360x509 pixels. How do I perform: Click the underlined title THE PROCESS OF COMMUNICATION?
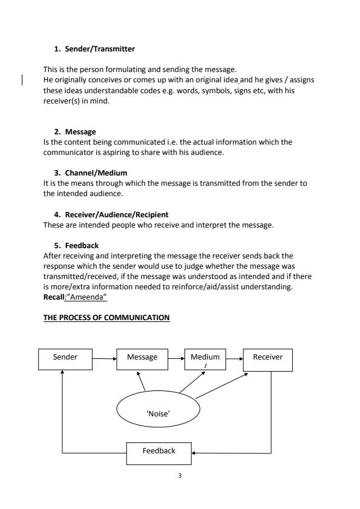click(x=106, y=318)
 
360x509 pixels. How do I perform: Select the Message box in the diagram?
click(x=142, y=358)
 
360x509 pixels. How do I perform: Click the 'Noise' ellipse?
click(x=157, y=412)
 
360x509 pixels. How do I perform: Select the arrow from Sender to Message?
click(x=104, y=358)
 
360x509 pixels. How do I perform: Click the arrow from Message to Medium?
click(x=176, y=358)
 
